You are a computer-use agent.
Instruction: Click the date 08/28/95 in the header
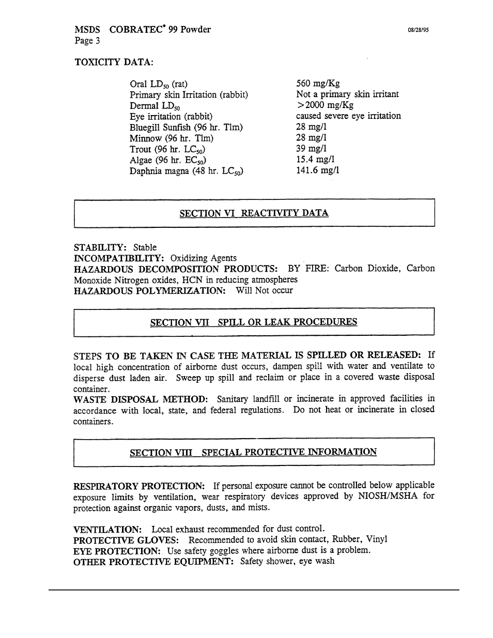tap(418, 30)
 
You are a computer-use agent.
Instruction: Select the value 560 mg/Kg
tap(318, 84)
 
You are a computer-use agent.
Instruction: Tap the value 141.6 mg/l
tap(317, 170)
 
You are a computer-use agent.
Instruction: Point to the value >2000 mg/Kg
tap(325, 105)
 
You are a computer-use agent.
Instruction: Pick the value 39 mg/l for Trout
tap(311, 149)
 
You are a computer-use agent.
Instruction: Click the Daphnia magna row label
tap(186, 171)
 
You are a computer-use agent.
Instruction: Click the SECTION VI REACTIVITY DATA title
tap(254, 213)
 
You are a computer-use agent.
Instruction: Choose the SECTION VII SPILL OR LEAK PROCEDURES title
tap(253, 322)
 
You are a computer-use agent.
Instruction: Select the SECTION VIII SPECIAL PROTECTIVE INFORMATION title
tap(253, 453)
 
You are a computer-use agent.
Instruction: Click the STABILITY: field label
tap(101, 247)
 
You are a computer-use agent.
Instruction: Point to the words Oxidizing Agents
tap(203, 258)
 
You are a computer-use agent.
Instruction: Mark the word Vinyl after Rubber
tap(376, 539)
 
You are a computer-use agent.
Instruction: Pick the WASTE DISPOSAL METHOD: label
tap(141, 399)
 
